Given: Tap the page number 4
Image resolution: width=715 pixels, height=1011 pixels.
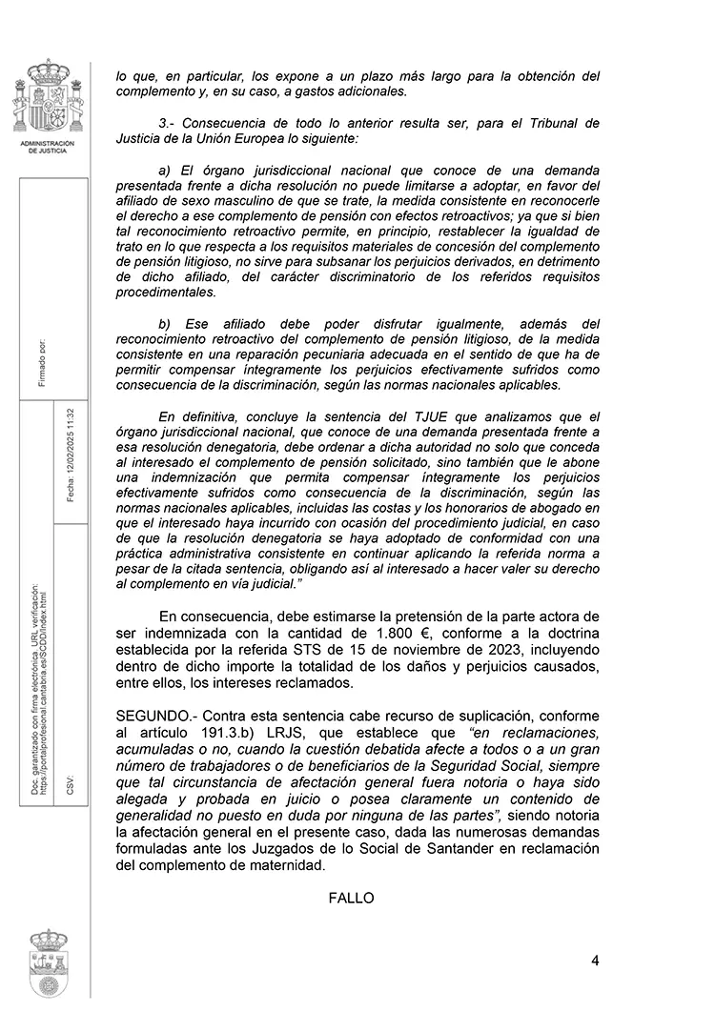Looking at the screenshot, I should click(595, 960).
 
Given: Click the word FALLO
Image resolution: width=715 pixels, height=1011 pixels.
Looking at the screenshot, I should click(352, 898).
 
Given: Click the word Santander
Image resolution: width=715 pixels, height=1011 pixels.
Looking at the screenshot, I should click(483, 849).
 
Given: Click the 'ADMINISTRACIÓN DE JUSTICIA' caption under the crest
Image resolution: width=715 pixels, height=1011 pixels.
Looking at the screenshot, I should click(47, 147).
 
